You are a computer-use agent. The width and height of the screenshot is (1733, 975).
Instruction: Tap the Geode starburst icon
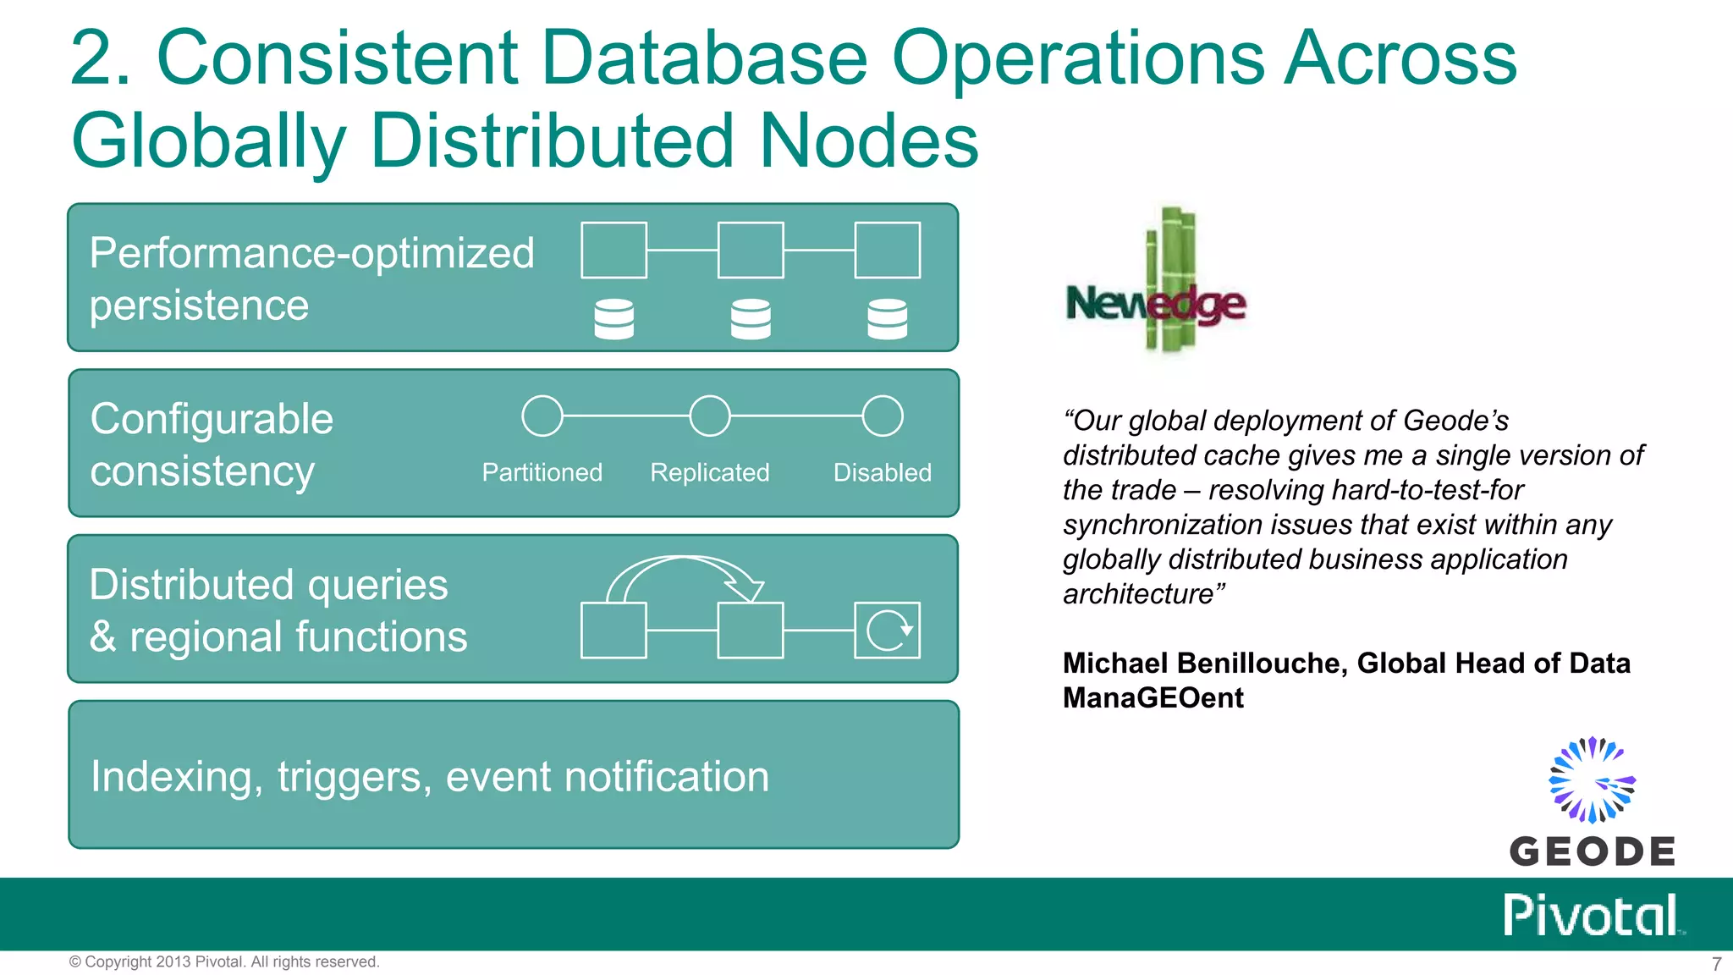point(1592,779)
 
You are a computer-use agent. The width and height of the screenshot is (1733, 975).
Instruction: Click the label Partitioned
point(542,472)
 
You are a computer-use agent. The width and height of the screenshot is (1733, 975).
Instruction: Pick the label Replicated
point(709,472)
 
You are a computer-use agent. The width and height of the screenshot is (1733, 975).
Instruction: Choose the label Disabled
point(882,472)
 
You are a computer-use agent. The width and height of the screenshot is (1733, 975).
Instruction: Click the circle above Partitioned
point(542,416)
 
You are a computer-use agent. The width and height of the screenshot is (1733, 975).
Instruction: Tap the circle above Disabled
point(883,416)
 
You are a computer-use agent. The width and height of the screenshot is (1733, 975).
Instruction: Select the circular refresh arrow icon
point(888,631)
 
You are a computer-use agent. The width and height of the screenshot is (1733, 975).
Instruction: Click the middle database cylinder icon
point(751,319)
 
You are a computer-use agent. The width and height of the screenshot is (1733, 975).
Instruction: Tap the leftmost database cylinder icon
point(614,319)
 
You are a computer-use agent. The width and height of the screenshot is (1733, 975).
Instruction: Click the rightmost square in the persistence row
point(888,251)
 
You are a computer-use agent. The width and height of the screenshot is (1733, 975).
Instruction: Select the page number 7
point(1716,964)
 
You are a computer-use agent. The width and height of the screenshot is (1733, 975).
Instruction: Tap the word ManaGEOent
point(1153,697)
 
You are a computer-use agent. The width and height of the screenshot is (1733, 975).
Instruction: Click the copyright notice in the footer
point(224,961)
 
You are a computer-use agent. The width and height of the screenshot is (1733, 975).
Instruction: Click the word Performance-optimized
point(312,253)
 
